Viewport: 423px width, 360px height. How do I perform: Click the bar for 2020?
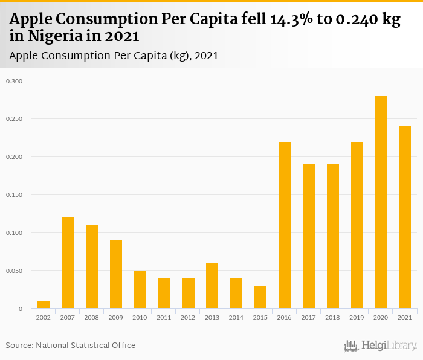coord(381,202)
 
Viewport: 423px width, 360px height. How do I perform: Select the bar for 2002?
coord(44,305)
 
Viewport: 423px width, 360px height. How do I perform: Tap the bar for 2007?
coord(68,263)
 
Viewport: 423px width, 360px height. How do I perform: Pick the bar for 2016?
coord(285,225)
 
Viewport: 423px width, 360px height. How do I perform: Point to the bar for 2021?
coord(405,217)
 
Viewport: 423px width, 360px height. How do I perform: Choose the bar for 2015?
coord(260,297)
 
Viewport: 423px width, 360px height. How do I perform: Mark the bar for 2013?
coord(212,286)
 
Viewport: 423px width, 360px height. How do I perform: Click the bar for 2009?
coord(116,274)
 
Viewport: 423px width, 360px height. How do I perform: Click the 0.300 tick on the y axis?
coord(15,81)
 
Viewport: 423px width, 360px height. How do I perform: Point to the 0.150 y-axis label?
coord(15,195)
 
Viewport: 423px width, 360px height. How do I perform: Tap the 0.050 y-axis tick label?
coord(15,271)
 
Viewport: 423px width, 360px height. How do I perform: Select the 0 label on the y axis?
coord(20,309)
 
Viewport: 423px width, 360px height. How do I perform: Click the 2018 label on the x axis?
coord(333,317)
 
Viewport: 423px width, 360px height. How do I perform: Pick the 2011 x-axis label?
coord(164,317)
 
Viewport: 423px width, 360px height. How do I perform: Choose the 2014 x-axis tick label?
coord(236,317)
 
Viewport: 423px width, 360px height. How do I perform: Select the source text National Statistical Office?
coord(86,345)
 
